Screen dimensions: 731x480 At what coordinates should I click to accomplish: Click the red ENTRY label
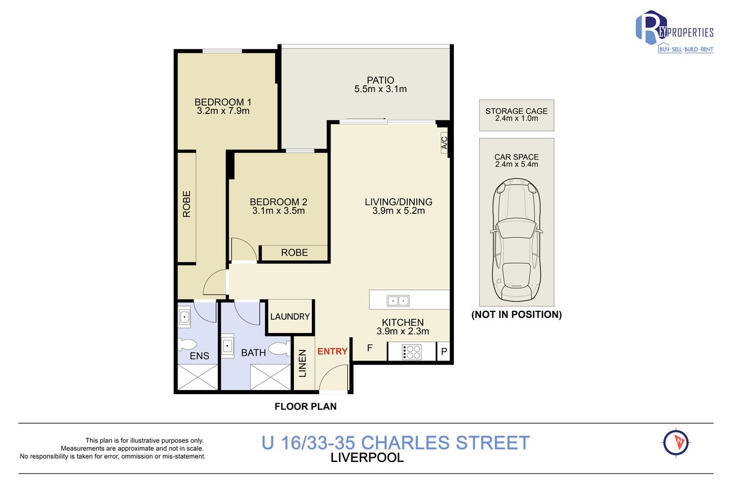pyautogui.click(x=332, y=352)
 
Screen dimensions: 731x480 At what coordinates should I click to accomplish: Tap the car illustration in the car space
pyautogui.click(x=516, y=240)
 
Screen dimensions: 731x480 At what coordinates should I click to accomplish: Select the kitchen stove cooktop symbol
pyautogui.click(x=412, y=352)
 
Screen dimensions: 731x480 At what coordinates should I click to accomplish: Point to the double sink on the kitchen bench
pyautogui.click(x=398, y=301)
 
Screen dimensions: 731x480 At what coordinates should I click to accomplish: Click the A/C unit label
pyautogui.click(x=444, y=142)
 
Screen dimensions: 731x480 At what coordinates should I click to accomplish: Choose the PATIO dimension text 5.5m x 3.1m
pyautogui.click(x=381, y=89)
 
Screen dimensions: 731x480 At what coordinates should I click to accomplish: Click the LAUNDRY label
pyautogui.click(x=290, y=316)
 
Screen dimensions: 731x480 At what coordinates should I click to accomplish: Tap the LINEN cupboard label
pyautogui.click(x=302, y=364)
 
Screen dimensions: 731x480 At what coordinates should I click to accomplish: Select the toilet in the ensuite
pyautogui.click(x=187, y=344)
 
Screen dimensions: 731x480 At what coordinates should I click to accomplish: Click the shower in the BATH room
pyautogui.click(x=270, y=377)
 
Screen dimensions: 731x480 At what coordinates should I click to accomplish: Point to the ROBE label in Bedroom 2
pyautogui.click(x=294, y=253)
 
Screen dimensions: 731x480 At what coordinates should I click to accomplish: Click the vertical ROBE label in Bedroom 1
pyautogui.click(x=186, y=204)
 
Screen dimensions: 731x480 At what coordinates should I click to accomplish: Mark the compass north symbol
pyautogui.click(x=676, y=443)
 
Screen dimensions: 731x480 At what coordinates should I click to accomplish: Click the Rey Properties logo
pyautogui.click(x=675, y=32)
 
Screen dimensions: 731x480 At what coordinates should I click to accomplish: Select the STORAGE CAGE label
pyautogui.click(x=516, y=111)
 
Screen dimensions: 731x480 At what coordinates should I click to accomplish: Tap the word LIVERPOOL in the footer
pyautogui.click(x=367, y=458)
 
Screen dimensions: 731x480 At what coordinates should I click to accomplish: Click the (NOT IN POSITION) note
pyautogui.click(x=516, y=314)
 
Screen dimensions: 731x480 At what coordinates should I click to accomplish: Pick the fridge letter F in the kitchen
pyautogui.click(x=369, y=348)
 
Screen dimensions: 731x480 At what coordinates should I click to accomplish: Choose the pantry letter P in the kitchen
pyautogui.click(x=444, y=352)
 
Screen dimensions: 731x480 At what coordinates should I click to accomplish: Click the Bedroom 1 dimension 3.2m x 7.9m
pyautogui.click(x=223, y=111)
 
